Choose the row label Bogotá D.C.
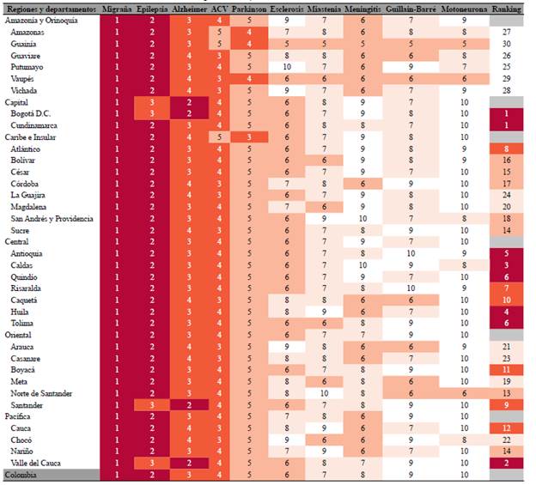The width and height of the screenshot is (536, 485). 33,113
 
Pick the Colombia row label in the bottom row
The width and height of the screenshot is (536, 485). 21,475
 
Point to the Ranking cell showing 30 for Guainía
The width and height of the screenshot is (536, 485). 507,43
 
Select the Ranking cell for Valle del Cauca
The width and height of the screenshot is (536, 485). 507,463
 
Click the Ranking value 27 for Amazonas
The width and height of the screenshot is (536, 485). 507,31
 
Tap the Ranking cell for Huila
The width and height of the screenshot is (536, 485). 507,312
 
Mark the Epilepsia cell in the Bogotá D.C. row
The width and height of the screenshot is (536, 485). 150,113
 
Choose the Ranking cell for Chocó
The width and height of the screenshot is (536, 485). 507,440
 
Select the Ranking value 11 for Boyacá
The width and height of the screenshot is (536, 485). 507,369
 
